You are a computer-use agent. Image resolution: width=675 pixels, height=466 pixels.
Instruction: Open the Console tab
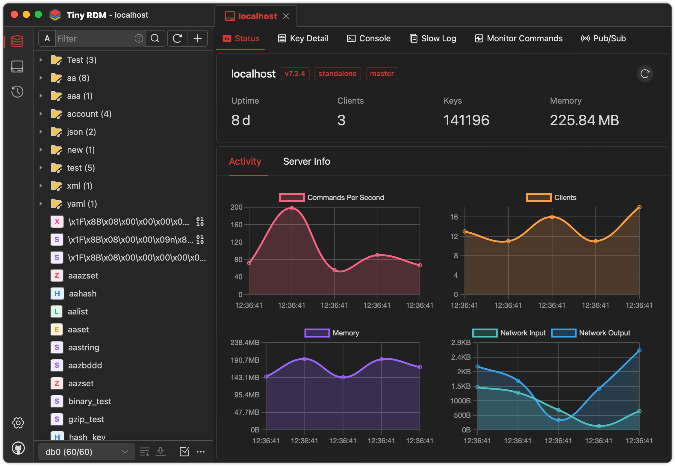(369, 38)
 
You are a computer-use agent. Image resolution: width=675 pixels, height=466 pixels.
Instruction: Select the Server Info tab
(306, 161)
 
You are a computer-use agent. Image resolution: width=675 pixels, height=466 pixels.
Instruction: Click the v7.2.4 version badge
(295, 74)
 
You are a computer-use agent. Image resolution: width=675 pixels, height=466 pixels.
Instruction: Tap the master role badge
(382, 74)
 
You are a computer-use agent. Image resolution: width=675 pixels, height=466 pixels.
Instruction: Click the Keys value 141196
(466, 120)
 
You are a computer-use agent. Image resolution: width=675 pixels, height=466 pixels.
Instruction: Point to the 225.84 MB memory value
(584, 120)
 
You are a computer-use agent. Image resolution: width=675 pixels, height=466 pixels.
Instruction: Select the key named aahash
(83, 293)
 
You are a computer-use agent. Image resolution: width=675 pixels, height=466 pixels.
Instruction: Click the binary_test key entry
(89, 401)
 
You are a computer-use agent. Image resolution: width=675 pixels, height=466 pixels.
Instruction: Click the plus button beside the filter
(197, 38)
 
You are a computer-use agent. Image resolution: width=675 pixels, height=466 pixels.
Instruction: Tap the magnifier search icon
(155, 38)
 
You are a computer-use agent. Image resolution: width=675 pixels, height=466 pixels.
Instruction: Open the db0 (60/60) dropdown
(87, 452)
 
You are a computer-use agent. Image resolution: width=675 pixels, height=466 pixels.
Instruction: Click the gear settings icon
(18, 423)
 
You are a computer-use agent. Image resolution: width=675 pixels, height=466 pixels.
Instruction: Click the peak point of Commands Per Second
(292, 208)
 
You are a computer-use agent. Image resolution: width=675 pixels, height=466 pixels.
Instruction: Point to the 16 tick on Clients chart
(454, 217)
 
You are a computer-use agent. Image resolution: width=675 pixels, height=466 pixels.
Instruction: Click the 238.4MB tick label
(245, 343)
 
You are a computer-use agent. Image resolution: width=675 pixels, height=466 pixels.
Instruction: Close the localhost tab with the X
(286, 16)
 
